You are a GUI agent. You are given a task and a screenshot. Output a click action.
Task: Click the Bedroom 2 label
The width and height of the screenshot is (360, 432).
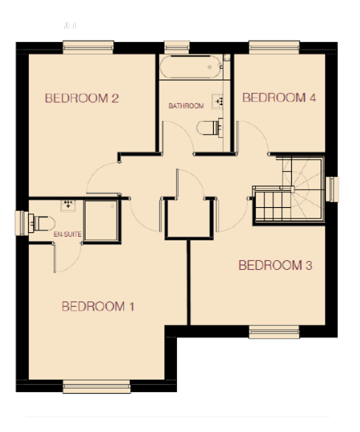tap(82, 98)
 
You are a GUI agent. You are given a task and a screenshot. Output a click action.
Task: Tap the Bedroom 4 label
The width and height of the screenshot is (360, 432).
tap(279, 97)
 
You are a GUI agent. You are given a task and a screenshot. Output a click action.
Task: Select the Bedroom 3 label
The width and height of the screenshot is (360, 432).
tap(275, 265)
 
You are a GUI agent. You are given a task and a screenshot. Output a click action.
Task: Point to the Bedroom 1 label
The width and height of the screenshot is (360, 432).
tap(98, 307)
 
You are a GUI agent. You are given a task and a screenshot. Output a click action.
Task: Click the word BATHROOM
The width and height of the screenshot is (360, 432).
tap(186, 106)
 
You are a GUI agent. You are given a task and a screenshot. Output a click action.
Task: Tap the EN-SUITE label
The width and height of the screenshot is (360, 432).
tap(68, 234)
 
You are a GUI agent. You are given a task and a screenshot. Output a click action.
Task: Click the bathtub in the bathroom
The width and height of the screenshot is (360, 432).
tap(191, 67)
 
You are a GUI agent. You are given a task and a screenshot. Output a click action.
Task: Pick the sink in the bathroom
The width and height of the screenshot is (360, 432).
tap(217, 102)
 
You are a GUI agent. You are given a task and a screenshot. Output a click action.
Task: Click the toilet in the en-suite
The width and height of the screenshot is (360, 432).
tap(41, 223)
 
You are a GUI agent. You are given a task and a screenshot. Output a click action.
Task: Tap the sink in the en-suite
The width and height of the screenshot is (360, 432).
tap(68, 206)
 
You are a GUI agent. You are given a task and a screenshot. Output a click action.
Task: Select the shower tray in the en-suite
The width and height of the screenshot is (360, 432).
tap(101, 220)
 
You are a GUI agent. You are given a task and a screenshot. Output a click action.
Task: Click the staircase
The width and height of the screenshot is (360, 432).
tap(288, 189)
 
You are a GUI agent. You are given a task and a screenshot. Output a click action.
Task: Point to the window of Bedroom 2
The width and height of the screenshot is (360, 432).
tap(89, 47)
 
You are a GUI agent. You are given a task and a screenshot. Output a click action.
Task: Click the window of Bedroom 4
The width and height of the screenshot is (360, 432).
tap(274, 47)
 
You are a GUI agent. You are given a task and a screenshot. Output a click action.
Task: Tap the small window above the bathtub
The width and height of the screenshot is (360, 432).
tap(177, 47)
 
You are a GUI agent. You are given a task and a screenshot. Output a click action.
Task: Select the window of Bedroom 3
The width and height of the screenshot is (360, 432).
tap(274, 332)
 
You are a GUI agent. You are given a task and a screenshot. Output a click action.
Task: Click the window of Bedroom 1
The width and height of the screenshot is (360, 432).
tap(97, 386)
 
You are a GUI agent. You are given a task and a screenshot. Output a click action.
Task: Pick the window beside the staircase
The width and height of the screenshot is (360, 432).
tap(332, 189)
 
